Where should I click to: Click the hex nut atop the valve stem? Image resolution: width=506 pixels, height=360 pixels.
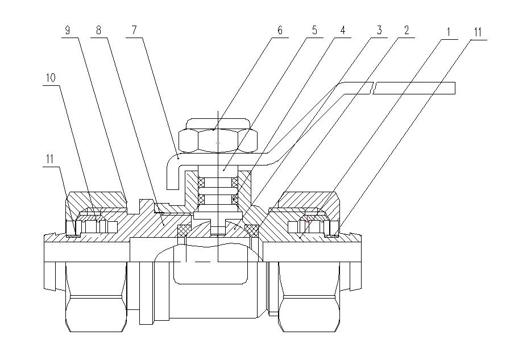click(218, 136)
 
